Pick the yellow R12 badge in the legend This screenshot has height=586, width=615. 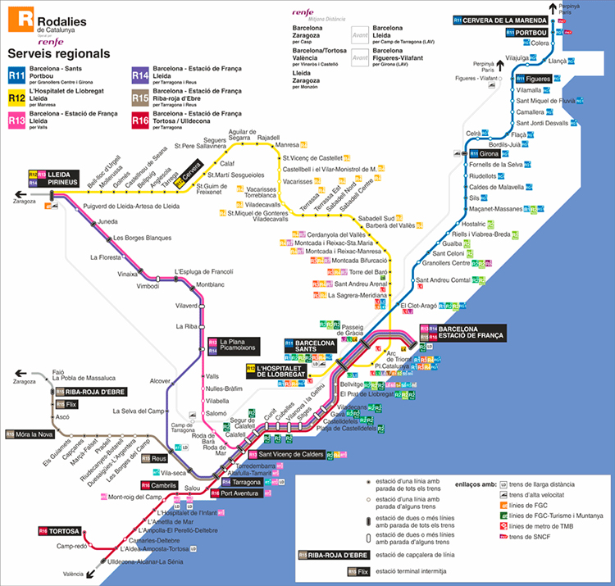click(17, 98)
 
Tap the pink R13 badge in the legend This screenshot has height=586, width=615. click(17, 120)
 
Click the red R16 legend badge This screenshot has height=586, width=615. click(140, 120)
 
